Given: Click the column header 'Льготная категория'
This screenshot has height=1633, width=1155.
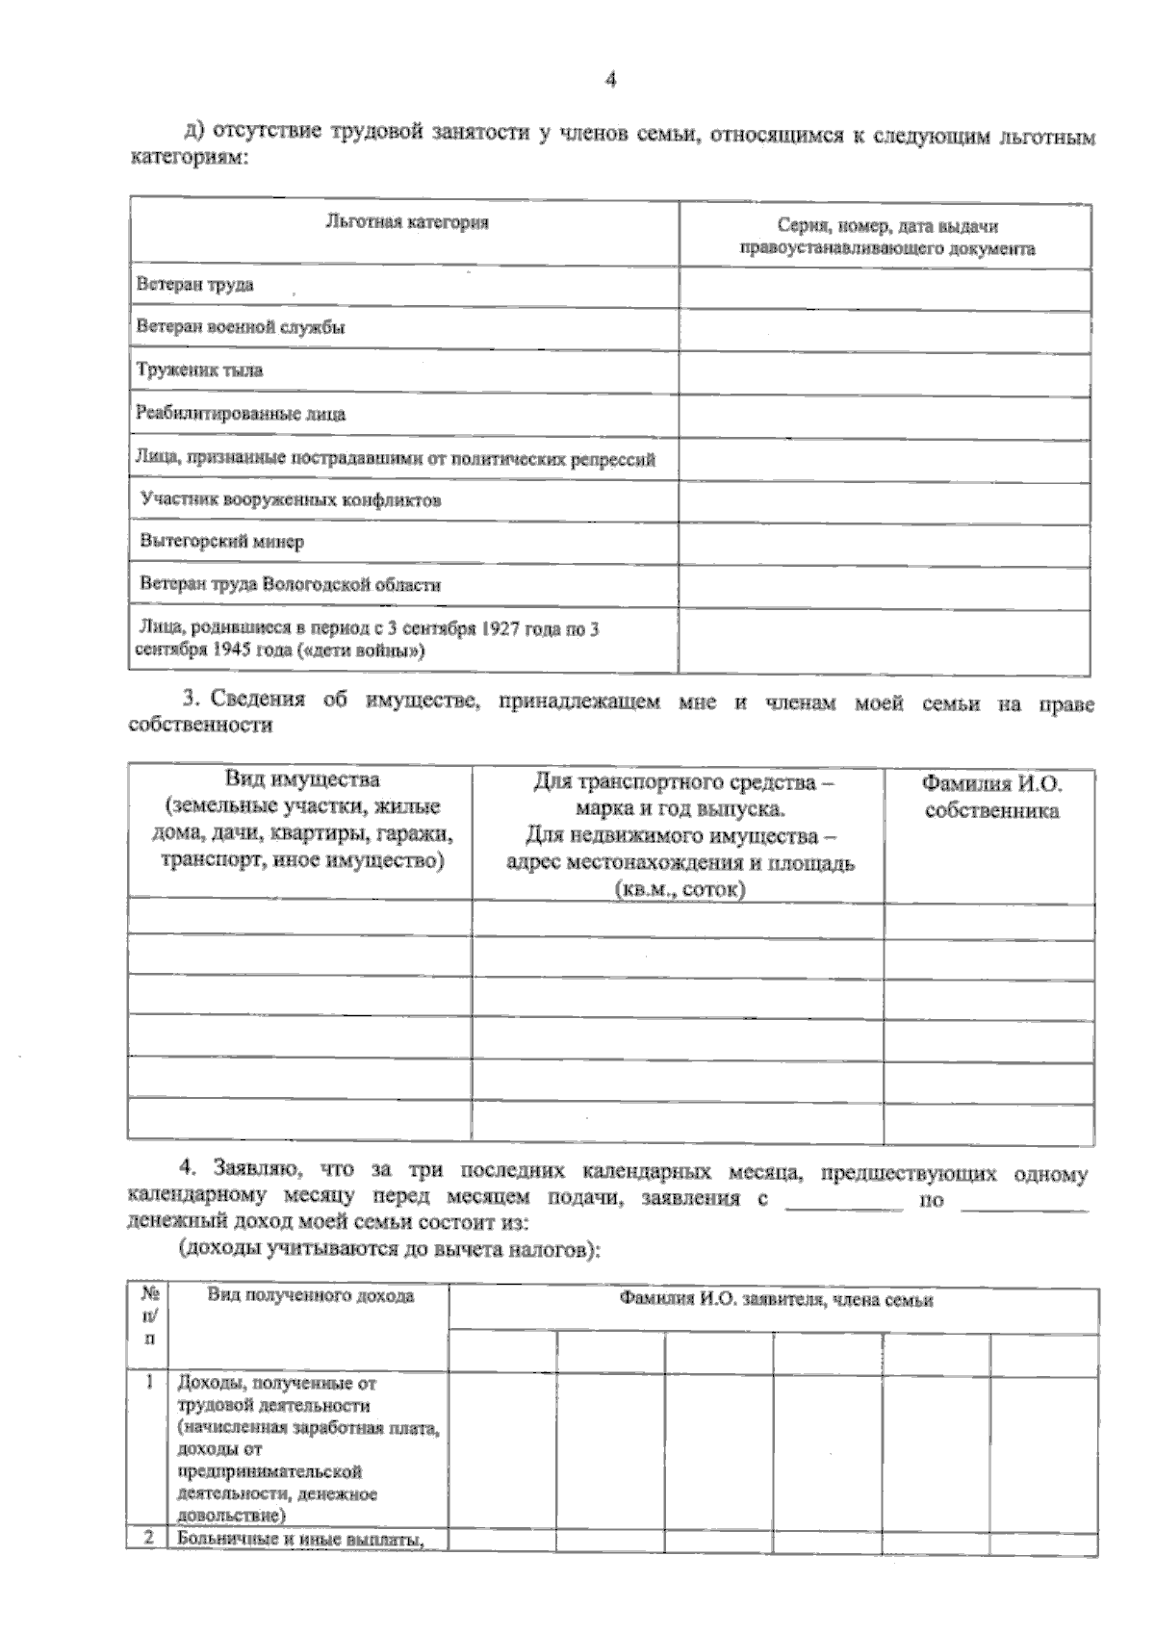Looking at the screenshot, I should tap(406, 223).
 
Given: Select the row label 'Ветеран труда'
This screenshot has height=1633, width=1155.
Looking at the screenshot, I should tap(195, 285).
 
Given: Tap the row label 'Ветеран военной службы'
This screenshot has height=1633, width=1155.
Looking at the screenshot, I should tap(241, 327).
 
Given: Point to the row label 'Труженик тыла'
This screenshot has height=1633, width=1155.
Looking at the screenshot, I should tap(199, 370).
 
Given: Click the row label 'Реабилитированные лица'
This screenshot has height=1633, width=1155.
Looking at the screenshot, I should tap(241, 415).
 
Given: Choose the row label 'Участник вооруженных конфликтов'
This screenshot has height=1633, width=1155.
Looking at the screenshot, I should tap(291, 500).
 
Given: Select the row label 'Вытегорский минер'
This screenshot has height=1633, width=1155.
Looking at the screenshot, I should tap(222, 542).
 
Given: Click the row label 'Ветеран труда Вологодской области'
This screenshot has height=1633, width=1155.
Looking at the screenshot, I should tap(291, 584).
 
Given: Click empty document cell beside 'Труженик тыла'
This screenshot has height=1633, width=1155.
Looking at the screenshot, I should tap(885, 372).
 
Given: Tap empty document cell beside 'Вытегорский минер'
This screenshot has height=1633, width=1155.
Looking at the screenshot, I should tap(885, 544).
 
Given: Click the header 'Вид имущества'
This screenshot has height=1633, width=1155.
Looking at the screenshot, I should tap(302, 779).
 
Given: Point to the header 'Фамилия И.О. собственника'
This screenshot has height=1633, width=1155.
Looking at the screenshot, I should tap(991, 797).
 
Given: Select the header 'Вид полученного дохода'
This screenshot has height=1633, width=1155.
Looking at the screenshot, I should tap(311, 1296).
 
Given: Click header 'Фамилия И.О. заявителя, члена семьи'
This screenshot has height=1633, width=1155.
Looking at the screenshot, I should tap(776, 1300).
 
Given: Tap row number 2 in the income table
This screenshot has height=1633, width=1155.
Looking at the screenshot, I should tap(149, 1539).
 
